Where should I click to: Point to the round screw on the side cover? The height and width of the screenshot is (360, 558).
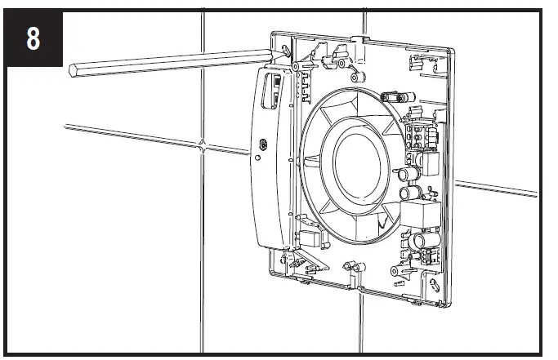pyautogui.click(x=261, y=144)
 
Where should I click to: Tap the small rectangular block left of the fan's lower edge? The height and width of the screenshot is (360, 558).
pyautogui.click(x=309, y=238)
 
